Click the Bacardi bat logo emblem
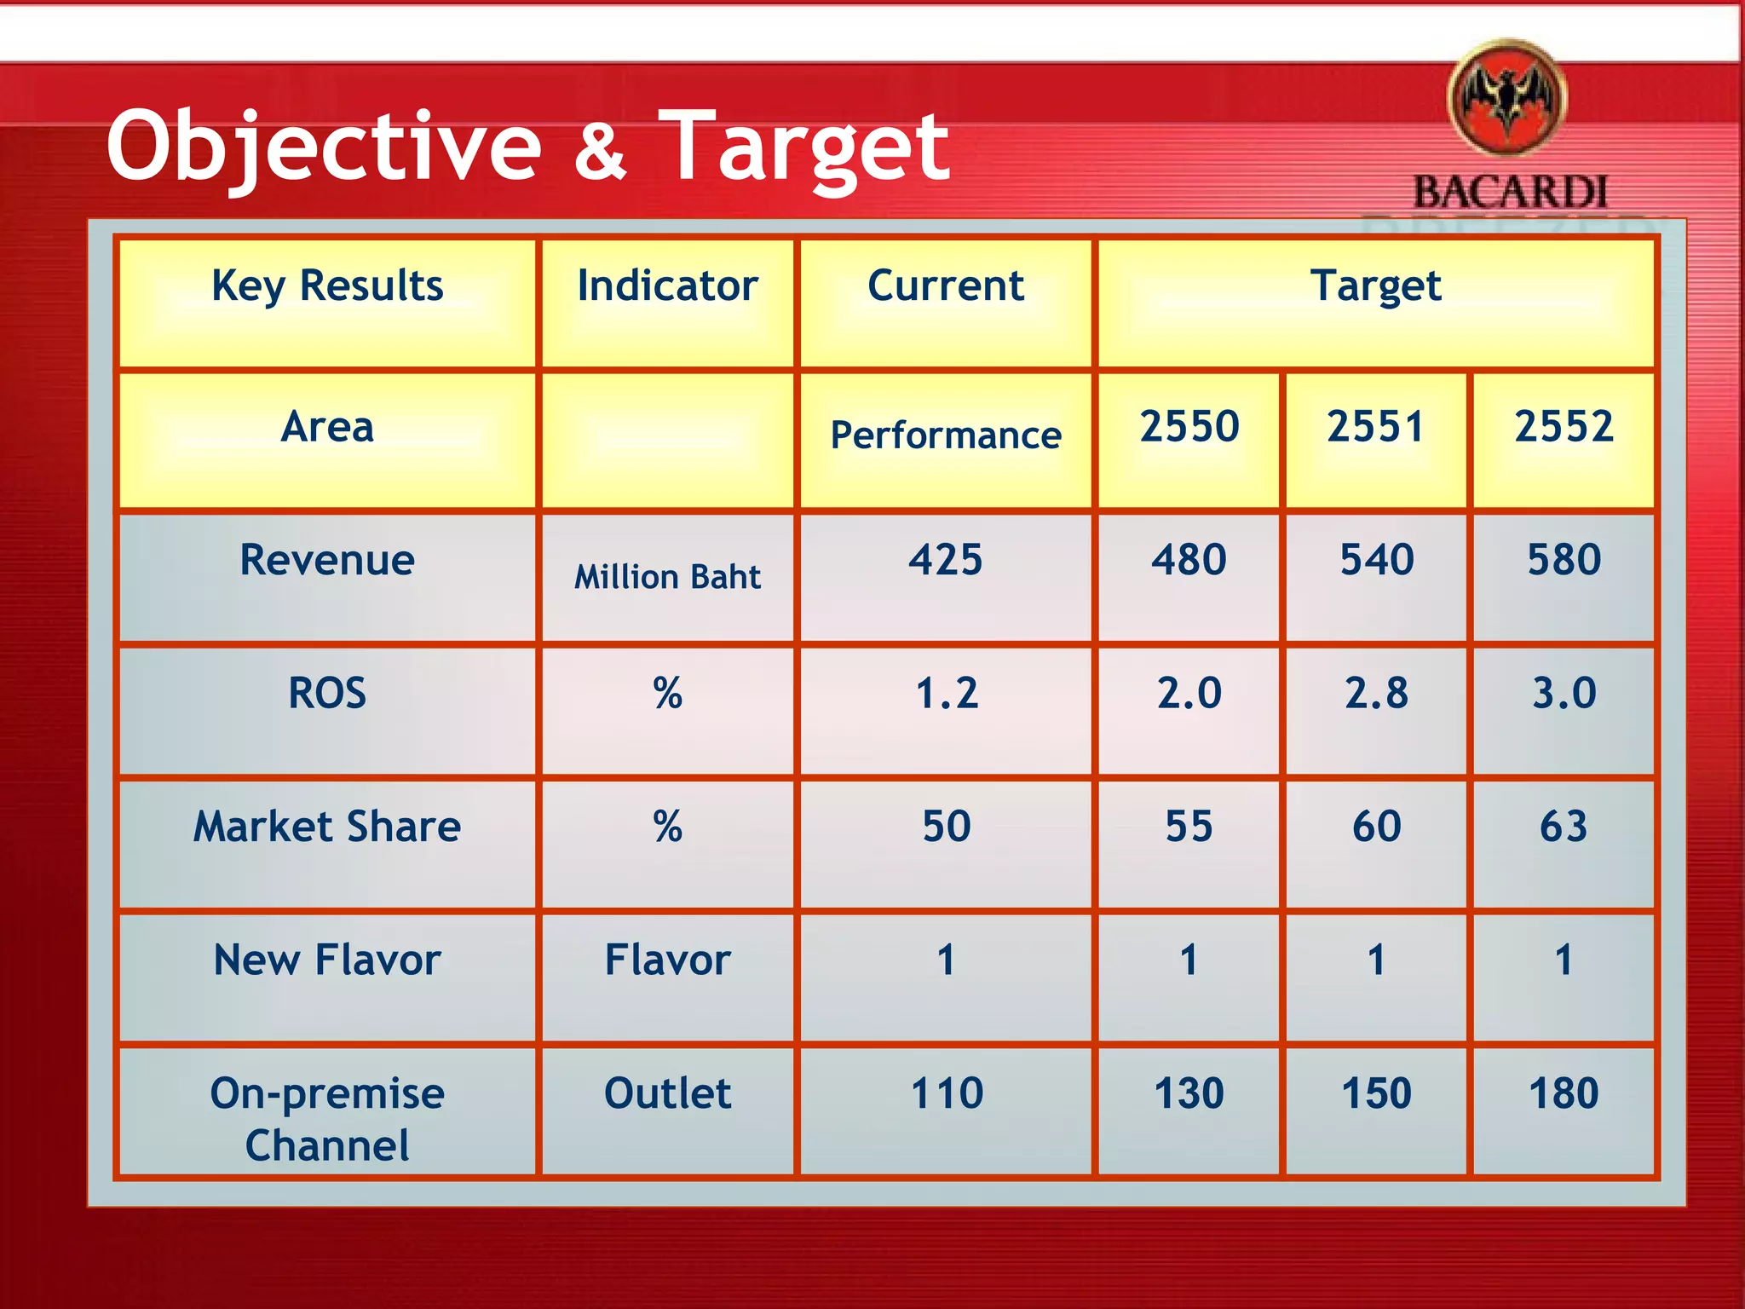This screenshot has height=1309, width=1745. coord(1507,99)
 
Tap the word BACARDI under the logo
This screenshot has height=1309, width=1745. coord(1511,193)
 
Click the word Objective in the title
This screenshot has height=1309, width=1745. coord(324,147)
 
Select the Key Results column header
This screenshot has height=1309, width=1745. coord(327,285)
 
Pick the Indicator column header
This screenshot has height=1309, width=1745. coord(667,285)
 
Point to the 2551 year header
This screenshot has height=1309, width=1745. coord(1375,426)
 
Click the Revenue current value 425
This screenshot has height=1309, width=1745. coord(946,560)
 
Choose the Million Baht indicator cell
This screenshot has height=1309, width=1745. coord(667,577)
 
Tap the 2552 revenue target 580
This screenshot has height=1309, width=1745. coord(1564,560)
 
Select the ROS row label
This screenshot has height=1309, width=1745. coord(327,693)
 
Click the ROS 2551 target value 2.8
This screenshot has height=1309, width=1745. coord(1376,693)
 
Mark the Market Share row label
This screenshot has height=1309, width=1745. coord(327,827)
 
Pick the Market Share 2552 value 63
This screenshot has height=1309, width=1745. coord(1564,827)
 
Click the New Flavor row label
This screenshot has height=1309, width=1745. coord(327,960)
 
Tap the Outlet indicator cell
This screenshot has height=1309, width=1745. coord(667,1093)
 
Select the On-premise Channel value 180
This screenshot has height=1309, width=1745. coord(1564,1093)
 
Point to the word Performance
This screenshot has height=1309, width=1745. coord(946,435)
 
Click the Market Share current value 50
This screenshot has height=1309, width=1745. coord(946,827)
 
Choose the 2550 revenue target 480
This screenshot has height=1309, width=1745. coord(1189,560)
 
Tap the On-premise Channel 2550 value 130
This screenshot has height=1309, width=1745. coord(1189,1093)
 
